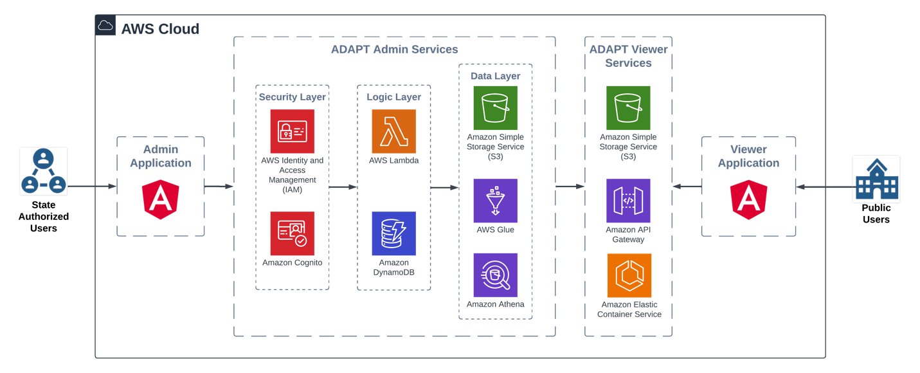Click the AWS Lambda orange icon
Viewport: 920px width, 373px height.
[x=393, y=131]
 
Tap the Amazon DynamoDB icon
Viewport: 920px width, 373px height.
[x=393, y=233]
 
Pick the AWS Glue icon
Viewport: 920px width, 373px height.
[x=495, y=201]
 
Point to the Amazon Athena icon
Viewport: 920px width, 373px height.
[x=495, y=275]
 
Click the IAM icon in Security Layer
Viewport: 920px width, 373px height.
[x=293, y=131]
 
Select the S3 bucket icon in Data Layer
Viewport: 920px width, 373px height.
[x=495, y=108]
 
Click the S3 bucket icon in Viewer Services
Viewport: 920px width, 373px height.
[x=628, y=108]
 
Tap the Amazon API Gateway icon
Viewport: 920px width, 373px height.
[x=628, y=201]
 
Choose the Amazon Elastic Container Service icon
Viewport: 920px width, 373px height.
[x=629, y=275]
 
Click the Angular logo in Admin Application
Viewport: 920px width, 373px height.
[x=160, y=200]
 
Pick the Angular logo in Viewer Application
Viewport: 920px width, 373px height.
[x=748, y=200]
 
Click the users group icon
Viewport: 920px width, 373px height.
[x=44, y=171]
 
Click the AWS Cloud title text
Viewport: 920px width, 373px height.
[x=160, y=29]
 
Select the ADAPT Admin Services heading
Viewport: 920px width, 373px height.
[x=394, y=50]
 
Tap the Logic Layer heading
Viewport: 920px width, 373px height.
[x=393, y=97]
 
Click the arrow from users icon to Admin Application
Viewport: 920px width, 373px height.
[x=92, y=187]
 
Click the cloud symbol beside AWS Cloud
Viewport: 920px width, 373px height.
[x=105, y=26]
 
